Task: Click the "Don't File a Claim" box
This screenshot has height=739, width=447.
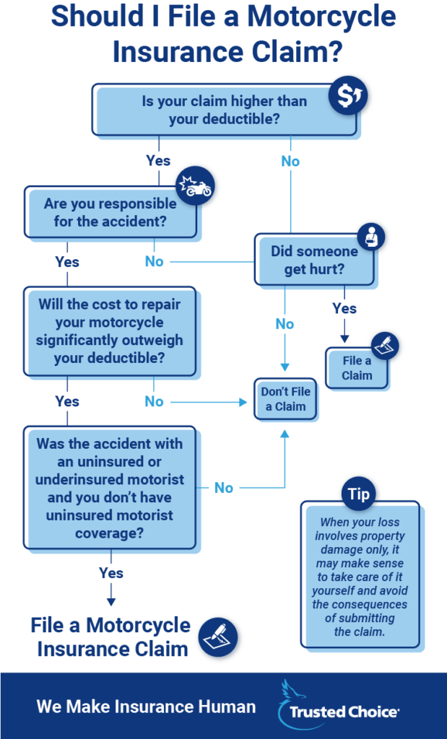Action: [x=285, y=399]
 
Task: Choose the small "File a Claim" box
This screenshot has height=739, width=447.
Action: [x=357, y=368]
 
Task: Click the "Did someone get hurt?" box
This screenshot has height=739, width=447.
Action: [x=314, y=260]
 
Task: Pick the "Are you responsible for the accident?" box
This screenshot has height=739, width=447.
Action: [x=110, y=212]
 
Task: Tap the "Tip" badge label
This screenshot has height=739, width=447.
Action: [x=358, y=495]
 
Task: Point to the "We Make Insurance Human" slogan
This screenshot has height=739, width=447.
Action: [x=146, y=707]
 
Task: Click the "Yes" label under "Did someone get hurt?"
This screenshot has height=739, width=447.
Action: [x=344, y=308]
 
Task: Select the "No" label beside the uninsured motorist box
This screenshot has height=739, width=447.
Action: [x=224, y=488]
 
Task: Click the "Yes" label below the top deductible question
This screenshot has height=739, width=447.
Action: [x=158, y=160]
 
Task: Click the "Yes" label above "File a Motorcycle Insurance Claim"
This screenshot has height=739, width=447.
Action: [x=111, y=573]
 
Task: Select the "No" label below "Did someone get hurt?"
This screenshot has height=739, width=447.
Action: [x=285, y=324]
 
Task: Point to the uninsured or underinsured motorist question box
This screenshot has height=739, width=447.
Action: [x=110, y=488]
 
